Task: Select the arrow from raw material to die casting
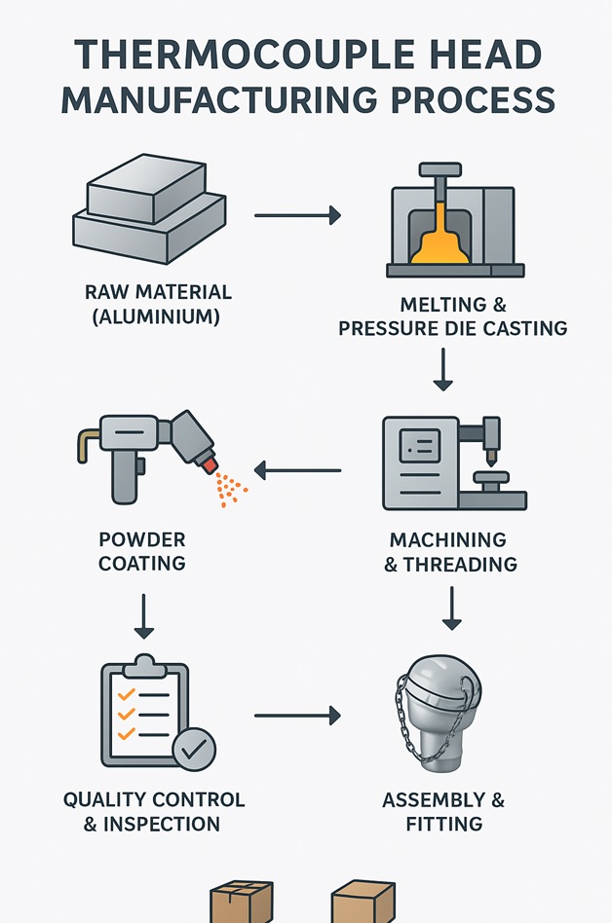(x=297, y=215)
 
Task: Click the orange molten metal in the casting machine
(x=442, y=240)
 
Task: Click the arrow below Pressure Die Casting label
(x=443, y=370)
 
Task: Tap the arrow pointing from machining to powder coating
(x=297, y=471)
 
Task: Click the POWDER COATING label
(x=142, y=551)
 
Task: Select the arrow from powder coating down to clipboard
(x=143, y=615)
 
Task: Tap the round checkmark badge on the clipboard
(x=193, y=748)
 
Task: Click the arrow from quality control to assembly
(x=297, y=716)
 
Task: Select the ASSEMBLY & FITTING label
(x=443, y=812)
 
